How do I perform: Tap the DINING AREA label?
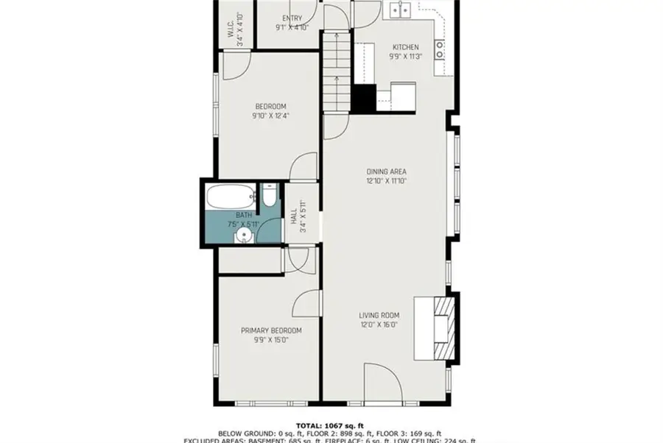click(386, 171)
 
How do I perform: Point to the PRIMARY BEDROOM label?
click(271, 330)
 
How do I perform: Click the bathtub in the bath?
click(231, 197)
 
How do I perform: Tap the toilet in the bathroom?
click(269, 196)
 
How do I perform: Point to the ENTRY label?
click(292, 18)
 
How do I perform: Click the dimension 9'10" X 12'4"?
click(270, 115)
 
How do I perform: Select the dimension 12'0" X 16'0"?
click(379, 325)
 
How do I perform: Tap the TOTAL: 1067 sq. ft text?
click(331, 425)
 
